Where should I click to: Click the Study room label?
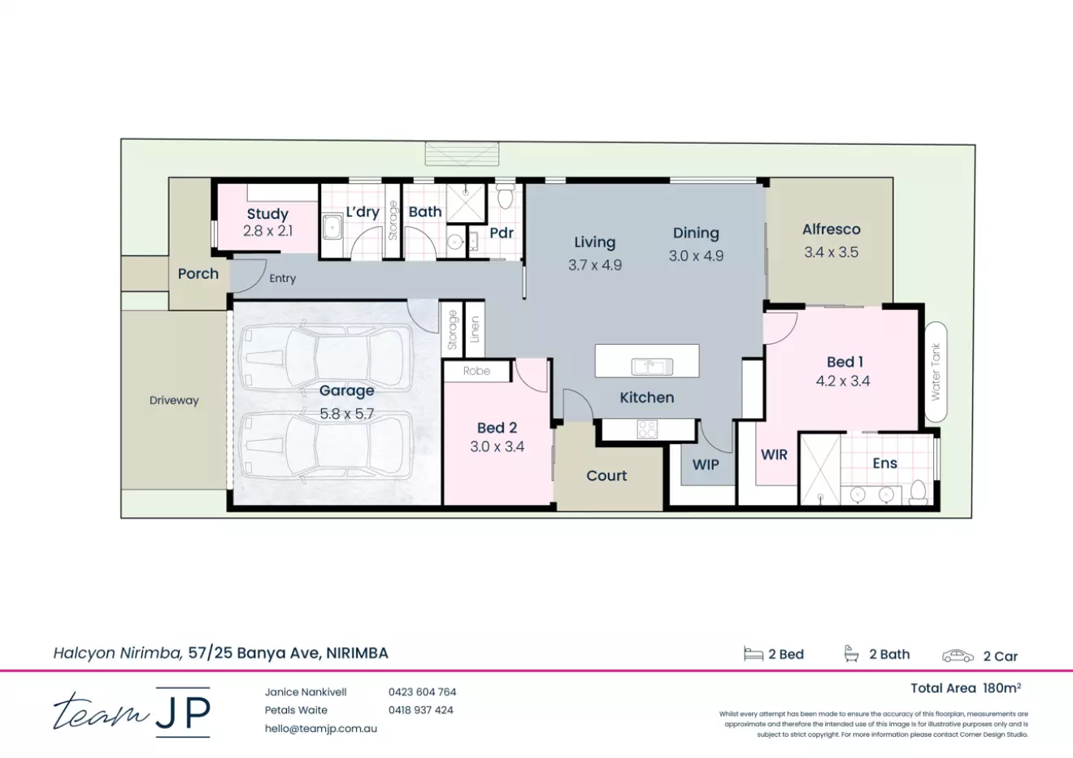(x=267, y=214)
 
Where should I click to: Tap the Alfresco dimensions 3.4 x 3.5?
(x=831, y=252)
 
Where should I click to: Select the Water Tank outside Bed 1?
(x=936, y=372)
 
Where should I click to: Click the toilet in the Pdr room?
(x=505, y=196)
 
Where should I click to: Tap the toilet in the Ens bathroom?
(x=918, y=491)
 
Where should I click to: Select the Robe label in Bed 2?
(x=476, y=371)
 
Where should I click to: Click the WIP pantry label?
(x=706, y=464)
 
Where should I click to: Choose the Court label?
(x=606, y=476)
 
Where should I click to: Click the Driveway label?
(x=174, y=400)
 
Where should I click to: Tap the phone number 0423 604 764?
(x=422, y=692)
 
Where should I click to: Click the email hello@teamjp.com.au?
(x=320, y=729)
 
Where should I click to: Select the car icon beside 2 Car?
(x=958, y=656)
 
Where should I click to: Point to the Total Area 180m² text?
(x=965, y=688)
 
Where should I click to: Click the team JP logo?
(x=132, y=712)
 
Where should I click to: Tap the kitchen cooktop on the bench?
(x=647, y=429)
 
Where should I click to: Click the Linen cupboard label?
(x=475, y=329)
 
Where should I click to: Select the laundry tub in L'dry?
(x=332, y=226)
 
